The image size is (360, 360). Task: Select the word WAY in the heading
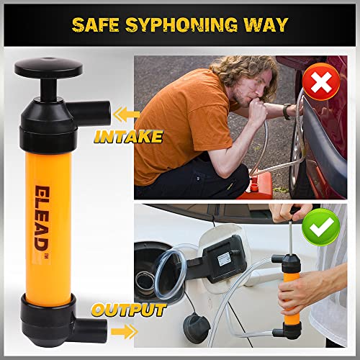tap(266, 25)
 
